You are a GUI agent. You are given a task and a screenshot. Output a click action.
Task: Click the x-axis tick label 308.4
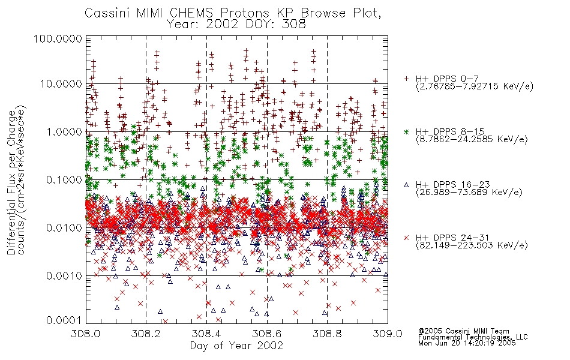206,334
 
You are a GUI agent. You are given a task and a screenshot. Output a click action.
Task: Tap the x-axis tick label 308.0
86,334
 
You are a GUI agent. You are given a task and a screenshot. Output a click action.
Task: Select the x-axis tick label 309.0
388,334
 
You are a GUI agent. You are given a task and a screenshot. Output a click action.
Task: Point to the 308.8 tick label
327,334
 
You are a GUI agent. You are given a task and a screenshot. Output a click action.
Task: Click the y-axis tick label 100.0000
58,38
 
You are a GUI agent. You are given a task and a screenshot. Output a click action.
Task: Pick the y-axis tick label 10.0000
61,84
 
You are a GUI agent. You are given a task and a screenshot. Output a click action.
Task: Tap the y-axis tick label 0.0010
64,276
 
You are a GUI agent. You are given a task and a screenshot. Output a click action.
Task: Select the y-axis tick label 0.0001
64,320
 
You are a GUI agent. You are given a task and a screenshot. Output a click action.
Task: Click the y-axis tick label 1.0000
64,131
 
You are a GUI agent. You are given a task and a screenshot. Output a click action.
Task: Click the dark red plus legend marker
407,79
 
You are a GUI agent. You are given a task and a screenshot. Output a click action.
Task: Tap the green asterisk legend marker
407,131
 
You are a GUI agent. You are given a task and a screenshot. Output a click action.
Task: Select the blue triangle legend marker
407,185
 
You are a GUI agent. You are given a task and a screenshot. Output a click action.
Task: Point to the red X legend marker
407,238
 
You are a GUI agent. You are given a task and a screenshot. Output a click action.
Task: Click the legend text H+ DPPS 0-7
447,79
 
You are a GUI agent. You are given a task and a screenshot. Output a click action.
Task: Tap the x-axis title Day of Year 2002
236,346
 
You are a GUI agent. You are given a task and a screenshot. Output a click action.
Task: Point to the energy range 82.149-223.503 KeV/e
472,245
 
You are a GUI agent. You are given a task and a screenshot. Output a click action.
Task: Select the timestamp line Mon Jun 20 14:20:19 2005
467,343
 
